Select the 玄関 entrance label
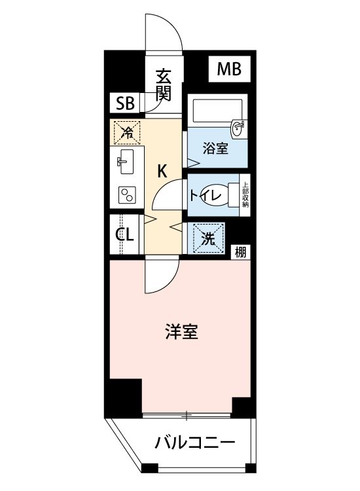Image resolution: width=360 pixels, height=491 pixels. point(163,85)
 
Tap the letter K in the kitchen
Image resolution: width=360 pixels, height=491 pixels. point(162,172)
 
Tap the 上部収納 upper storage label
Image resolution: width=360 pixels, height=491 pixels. point(245,194)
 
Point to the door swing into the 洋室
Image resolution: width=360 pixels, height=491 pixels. point(160,278)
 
